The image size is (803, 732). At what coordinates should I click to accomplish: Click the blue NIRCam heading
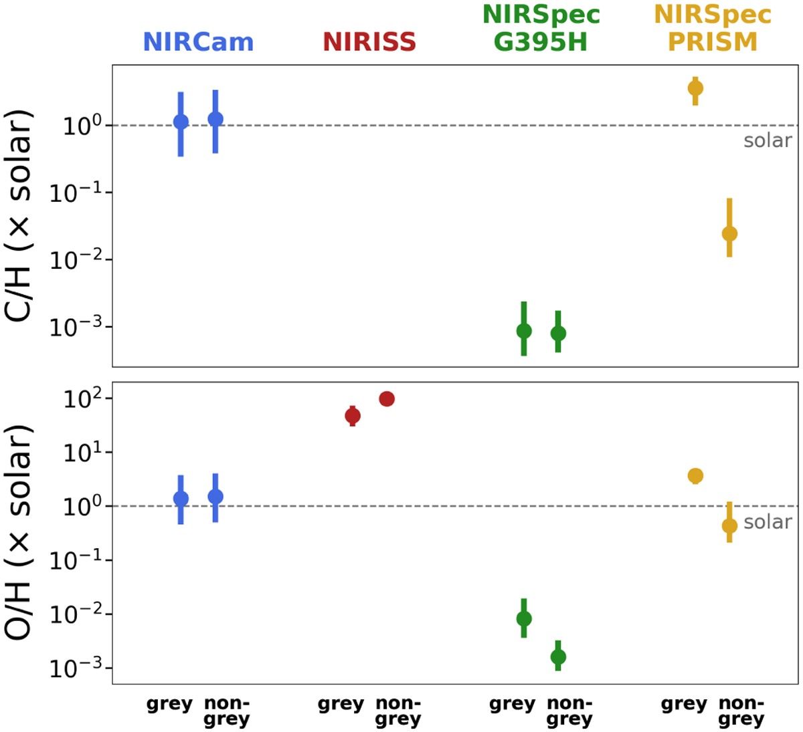(x=198, y=42)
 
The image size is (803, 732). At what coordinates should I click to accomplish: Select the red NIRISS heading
(x=369, y=42)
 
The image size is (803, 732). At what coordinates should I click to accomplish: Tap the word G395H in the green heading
(x=540, y=42)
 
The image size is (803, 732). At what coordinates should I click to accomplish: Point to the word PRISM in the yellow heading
(x=713, y=42)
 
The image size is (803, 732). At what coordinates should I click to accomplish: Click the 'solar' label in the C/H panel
(x=768, y=140)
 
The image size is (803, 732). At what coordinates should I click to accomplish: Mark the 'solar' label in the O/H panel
(x=768, y=522)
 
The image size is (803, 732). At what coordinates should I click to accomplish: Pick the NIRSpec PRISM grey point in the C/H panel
(x=695, y=88)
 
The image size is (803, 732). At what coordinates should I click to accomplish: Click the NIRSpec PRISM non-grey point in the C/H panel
(x=729, y=233)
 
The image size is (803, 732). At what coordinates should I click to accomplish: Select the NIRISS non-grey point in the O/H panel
(x=386, y=399)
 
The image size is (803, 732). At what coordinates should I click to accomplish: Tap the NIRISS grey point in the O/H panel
(x=353, y=416)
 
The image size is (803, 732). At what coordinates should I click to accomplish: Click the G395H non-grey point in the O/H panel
(x=558, y=657)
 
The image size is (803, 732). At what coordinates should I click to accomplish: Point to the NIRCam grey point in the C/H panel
(x=181, y=122)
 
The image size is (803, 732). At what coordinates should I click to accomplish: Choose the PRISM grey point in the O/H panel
(x=695, y=476)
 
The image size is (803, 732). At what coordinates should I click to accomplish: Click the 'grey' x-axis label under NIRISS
(x=341, y=704)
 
